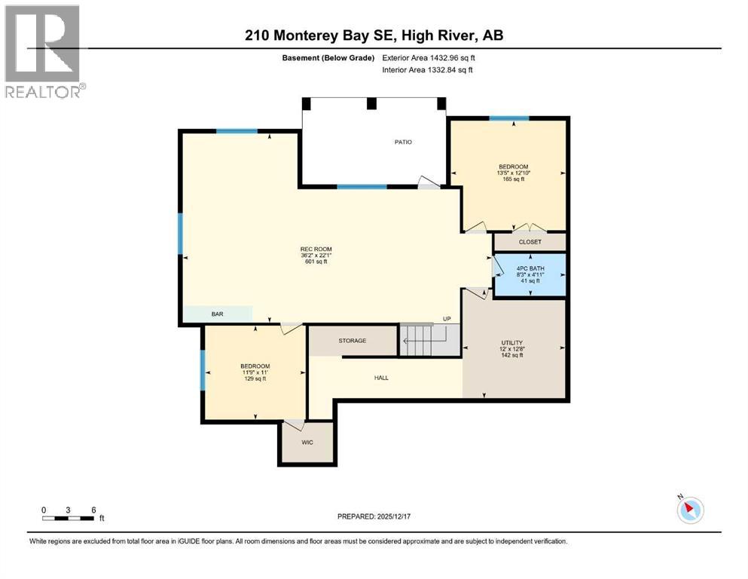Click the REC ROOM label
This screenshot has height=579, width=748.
[316, 249]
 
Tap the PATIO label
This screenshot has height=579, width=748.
[403, 142]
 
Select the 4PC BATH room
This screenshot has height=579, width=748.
[530, 275]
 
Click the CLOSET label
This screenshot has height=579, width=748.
[530, 242]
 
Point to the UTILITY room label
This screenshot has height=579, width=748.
[512, 343]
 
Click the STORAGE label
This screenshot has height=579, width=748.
[353, 341]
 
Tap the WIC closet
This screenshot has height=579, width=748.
[307, 443]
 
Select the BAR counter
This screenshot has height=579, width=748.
[218, 314]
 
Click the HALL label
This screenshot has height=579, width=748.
[381, 378]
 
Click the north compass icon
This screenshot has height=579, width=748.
[690, 510]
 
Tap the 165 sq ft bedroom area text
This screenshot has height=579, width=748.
[513, 179]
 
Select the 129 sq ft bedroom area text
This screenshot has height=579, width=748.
[255, 379]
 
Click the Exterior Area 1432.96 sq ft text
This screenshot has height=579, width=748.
[429, 58]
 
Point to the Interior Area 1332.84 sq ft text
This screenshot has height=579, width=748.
[427, 69]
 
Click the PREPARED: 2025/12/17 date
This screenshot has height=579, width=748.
[374, 516]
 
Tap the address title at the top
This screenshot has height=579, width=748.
[374, 35]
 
